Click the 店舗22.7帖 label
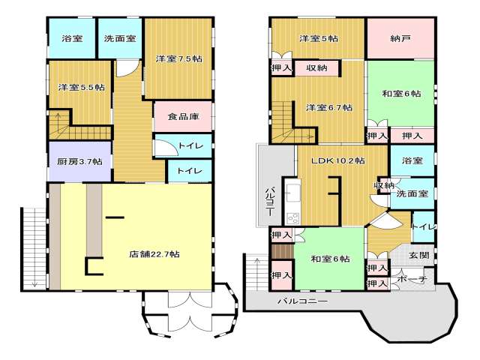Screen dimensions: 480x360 click(x=154, y=254)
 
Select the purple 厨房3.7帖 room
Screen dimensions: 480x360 click(x=80, y=161)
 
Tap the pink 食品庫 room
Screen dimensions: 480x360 click(x=183, y=117)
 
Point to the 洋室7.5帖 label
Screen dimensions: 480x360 click(x=178, y=58)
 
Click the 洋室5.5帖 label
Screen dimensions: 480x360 click(x=82, y=87)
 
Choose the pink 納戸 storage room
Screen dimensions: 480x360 click(x=400, y=38)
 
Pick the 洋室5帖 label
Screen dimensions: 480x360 click(x=319, y=38)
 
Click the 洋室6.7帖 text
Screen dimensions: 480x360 click(x=329, y=107)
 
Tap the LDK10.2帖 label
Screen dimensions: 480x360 click(x=338, y=160)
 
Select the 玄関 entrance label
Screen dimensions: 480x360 click(x=418, y=255)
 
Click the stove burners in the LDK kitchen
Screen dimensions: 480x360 click(x=293, y=218)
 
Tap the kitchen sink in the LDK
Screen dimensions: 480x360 click(x=293, y=193)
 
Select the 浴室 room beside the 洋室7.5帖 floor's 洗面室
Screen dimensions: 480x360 click(x=72, y=38)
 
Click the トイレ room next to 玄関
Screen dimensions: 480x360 click(x=423, y=226)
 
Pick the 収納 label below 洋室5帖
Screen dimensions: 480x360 click(x=316, y=68)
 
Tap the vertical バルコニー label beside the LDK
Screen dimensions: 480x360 click(x=269, y=200)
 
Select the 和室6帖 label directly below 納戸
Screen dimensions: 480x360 click(x=401, y=93)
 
